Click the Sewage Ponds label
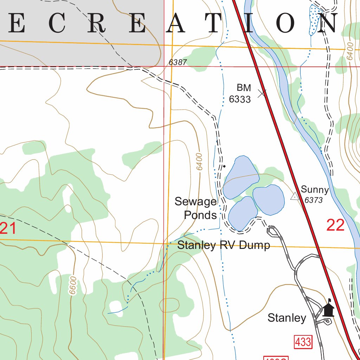[x=196, y=208]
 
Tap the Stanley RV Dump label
[x=224, y=245]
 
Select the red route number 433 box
[x=303, y=342]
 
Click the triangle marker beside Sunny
[x=295, y=196]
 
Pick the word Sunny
[x=315, y=190]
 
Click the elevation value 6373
[x=314, y=200]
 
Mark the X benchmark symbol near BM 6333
[x=262, y=93]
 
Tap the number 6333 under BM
[x=240, y=99]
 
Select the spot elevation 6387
[x=178, y=62]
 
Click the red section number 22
[x=335, y=225]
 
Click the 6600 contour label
[x=73, y=285]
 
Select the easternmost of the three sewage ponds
[x=269, y=200]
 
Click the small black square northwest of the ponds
[x=224, y=166]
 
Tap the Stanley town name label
[x=287, y=318]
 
